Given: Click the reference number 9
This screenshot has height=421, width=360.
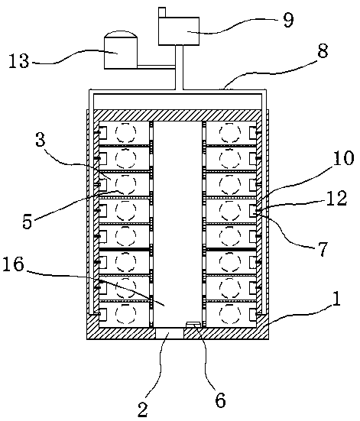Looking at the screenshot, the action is click(x=289, y=20).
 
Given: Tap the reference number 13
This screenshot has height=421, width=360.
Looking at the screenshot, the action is click(x=18, y=60).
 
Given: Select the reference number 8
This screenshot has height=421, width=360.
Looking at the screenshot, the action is click(x=323, y=50).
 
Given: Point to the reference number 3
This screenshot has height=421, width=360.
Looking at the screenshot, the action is click(x=41, y=140).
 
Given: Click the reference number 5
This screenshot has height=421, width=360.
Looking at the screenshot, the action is click(x=28, y=221).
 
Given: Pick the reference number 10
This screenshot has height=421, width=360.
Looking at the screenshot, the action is click(x=344, y=158).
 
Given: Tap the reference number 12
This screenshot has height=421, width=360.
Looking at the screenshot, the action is click(x=337, y=199).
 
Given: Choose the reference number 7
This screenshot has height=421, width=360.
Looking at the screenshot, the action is click(x=323, y=248).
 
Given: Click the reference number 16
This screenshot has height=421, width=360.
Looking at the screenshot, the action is click(x=14, y=264).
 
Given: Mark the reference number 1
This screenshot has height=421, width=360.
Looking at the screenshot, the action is click(x=336, y=299).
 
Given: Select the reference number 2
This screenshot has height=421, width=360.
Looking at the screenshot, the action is click(x=143, y=410).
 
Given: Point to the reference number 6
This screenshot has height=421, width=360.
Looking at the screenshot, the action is click(x=221, y=400).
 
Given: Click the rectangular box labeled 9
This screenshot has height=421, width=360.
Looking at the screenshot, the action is click(x=179, y=31).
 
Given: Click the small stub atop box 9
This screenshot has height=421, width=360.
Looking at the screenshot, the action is click(x=162, y=13).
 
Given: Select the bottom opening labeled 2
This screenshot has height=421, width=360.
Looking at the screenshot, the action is click(x=170, y=333).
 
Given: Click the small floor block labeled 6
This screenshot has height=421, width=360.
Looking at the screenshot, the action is click(x=193, y=325).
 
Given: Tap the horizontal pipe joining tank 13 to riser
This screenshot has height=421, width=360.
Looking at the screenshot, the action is click(x=156, y=66).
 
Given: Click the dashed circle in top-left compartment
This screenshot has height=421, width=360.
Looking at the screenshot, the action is click(x=125, y=132).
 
